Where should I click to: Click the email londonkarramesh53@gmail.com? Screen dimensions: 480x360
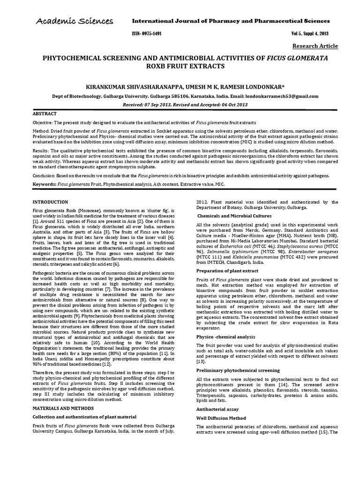point(279,96)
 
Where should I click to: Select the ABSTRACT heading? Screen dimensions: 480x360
point(45,114)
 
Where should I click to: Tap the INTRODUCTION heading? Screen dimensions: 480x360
point(50,202)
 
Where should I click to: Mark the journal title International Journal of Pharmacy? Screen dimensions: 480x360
point(232,21)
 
